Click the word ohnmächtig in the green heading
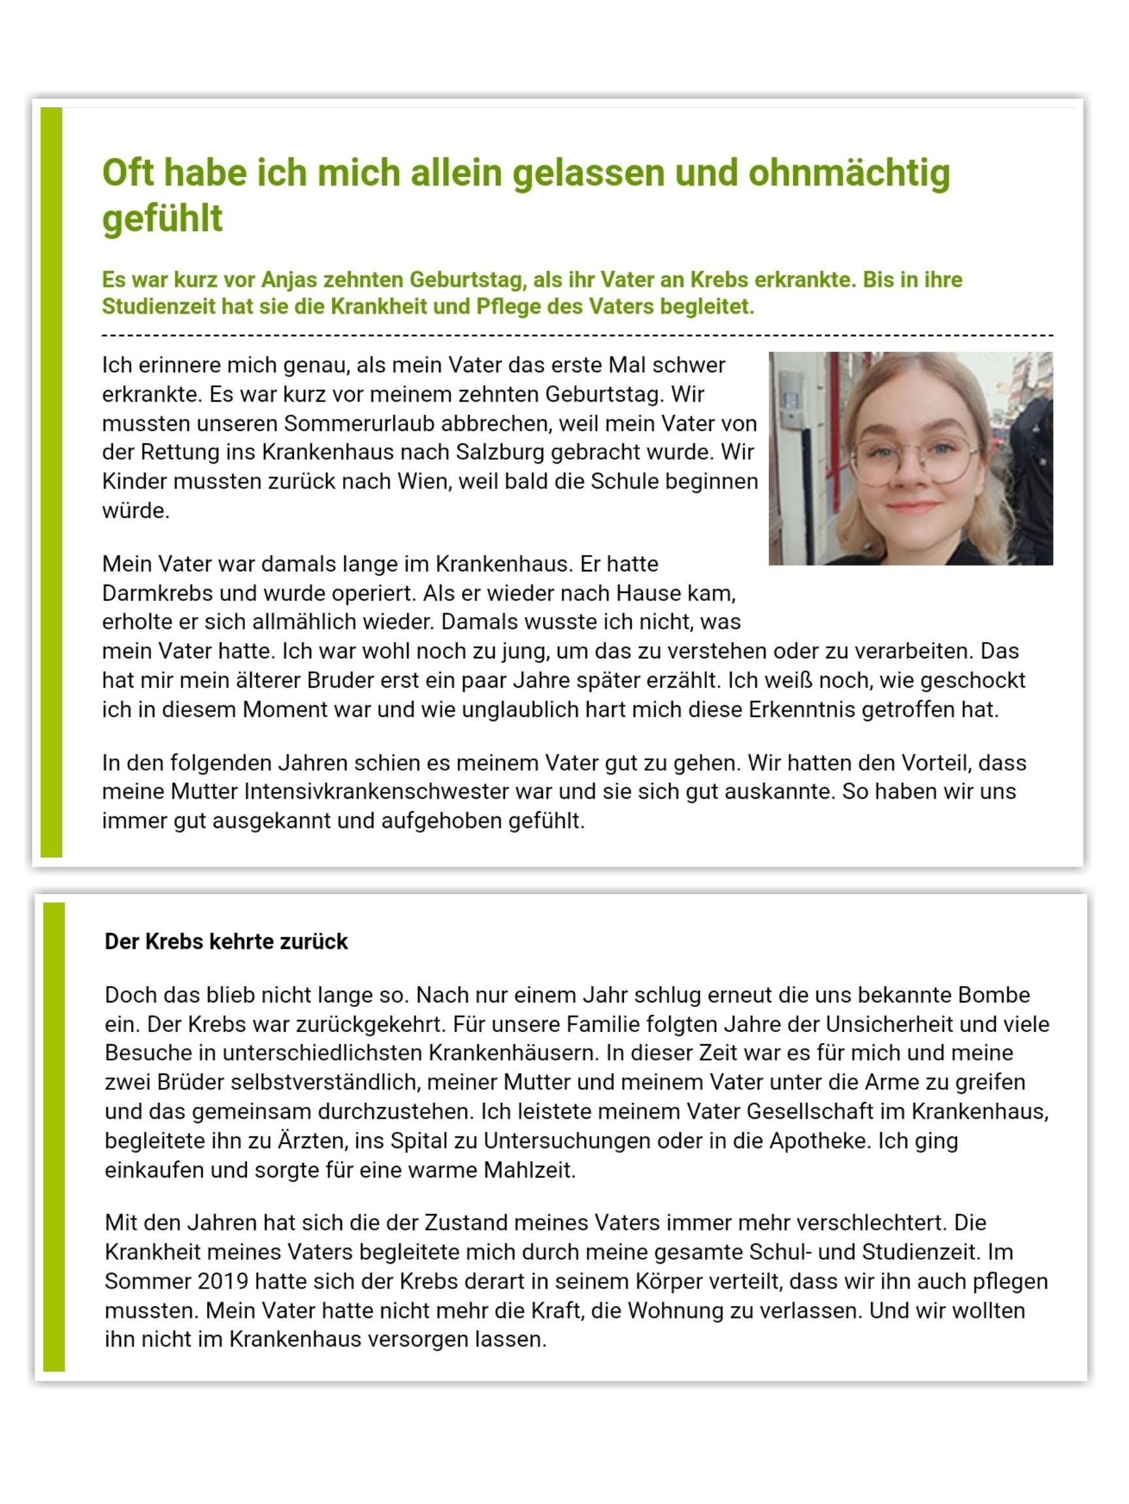pos(849,172)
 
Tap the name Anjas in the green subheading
pos(289,280)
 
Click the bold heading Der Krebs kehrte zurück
pos(226,941)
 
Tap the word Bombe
pos(994,995)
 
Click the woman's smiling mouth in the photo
pos(912,507)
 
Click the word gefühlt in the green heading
pos(162,219)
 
